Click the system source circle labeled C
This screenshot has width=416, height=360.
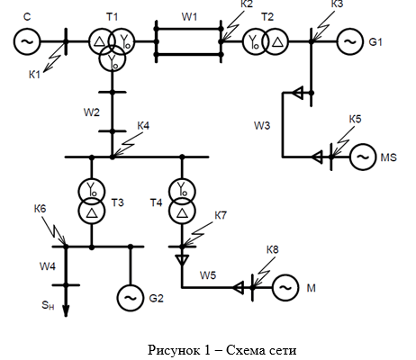pos(27,41)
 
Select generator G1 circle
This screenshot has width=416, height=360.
pos(350,41)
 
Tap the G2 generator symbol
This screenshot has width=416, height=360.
pos(131,298)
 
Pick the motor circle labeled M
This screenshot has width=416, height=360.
pos(285,288)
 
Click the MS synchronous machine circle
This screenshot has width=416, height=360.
pos(363,157)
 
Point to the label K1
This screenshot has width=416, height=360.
pos(34,75)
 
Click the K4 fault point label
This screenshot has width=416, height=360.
pos(143,126)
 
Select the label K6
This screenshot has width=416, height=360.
pos(40,208)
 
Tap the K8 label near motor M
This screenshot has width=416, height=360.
pos(273,249)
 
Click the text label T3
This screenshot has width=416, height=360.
pos(118,202)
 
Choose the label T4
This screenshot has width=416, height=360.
pos(156,203)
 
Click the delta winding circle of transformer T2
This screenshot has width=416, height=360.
pos(276,41)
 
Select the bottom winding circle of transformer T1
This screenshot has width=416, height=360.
pos(113,59)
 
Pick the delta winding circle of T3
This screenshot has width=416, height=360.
pos(92,211)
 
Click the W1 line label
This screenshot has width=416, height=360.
pos(189,17)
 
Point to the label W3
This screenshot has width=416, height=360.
pos(262,125)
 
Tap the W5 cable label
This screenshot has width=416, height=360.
pos(208,275)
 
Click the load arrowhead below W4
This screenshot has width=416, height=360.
pos(66,310)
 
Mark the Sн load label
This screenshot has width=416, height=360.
pos(48,305)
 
